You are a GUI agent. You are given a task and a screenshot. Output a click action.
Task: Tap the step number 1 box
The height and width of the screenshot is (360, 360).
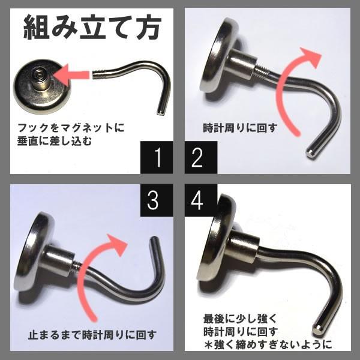[x=158, y=158]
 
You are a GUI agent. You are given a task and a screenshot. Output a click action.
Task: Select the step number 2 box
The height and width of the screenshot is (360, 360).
[x=196, y=158]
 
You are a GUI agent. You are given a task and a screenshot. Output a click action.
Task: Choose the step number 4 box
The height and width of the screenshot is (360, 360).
[x=196, y=200]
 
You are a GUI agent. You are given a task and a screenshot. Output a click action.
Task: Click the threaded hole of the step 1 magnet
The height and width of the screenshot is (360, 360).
[x=38, y=76]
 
